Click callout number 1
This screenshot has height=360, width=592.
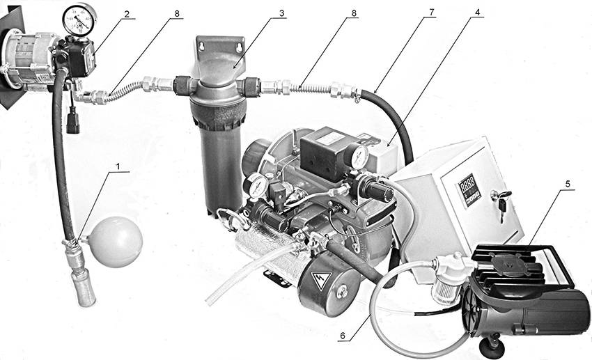118,166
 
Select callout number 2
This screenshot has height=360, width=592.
127,15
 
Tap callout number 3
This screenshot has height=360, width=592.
281,13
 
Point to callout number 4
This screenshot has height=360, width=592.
477,12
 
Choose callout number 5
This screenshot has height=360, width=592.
568,184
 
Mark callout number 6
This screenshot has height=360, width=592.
343,335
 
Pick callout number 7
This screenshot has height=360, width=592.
432,12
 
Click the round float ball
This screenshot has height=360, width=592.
117,242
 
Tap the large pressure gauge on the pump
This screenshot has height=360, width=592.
79,19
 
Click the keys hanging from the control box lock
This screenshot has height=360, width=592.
501,205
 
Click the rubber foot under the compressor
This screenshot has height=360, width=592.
492,346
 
